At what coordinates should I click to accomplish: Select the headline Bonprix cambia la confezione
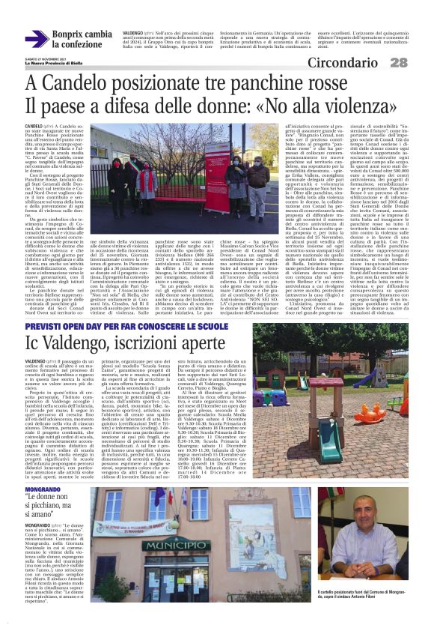tap(82, 40)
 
